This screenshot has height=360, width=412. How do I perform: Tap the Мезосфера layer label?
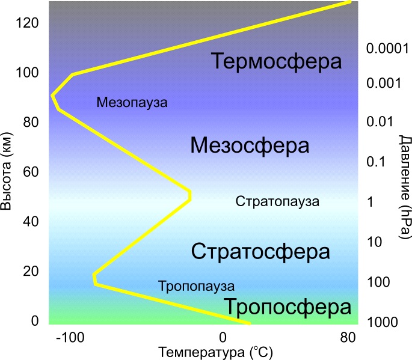[x=250, y=145]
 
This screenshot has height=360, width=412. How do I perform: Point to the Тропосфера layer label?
[x=288, y=308]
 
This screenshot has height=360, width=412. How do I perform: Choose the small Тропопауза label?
[x=196, y=286]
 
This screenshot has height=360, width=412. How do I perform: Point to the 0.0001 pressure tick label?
[x=387, y=48]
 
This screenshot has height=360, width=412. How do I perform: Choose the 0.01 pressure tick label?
[x=380, y=122]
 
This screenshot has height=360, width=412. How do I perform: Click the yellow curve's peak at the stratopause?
[x=189, y=195]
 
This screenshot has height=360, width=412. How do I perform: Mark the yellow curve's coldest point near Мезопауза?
[x=53, y=96]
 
